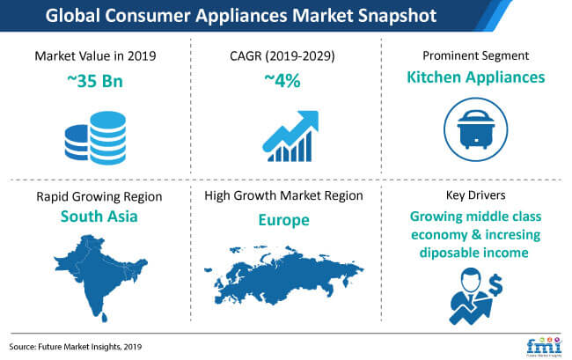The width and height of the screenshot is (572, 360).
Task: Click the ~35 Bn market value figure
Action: [x=95, y=81]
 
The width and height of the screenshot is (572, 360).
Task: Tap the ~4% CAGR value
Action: [x=282, y=81]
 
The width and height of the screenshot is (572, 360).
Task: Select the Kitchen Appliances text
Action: [x=476, y=77]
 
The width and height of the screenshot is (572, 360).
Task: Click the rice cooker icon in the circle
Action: [x=476, y=129]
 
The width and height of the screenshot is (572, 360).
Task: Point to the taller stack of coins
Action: [x=108, y=138]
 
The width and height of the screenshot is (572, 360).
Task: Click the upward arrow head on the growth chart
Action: [x=308, y=121]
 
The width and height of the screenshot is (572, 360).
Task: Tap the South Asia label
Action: [x=99, y=217]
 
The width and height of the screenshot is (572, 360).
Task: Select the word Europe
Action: [x=284, y=220]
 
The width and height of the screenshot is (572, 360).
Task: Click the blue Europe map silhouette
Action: [x=284, y=276]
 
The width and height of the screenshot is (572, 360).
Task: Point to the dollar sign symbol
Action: [x=495, y=285]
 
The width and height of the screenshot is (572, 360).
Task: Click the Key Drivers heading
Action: [x=476, y=195]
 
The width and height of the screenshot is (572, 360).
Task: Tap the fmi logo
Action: [x=544, y=347]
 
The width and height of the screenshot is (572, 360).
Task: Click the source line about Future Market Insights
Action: [x=76, y=347]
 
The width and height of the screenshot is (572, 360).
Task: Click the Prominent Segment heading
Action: [x=476, y=55]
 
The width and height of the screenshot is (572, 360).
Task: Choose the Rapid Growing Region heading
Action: [x=99, y=196]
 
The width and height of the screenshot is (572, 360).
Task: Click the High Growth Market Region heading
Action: [x=284, y=195]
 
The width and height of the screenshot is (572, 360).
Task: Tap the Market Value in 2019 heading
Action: [x=95, y=55]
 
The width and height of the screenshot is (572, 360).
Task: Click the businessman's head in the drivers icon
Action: [x=470, y=279]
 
